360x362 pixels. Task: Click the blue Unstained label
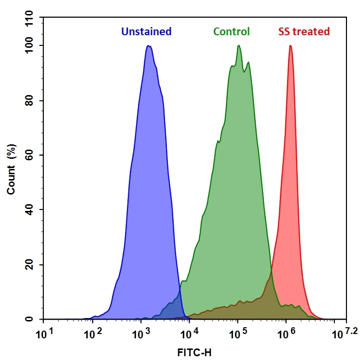pyautogui.click(x=146, y=32)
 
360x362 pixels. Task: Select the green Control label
pyautogui.click(x=232, y=32)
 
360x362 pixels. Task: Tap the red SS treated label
pyautogui.click(x=304, y=32)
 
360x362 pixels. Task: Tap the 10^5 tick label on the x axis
pyautogui.click(x=235, y=333)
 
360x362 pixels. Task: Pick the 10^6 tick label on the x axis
pyautogui.click(x=284, y=333)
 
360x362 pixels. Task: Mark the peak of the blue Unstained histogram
pyautogui.click(x=149, y=46)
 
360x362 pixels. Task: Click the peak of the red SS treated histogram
pyautogui.click(x=290, y=46)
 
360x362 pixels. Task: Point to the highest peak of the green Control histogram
pyautogui.click(x=239, y=46)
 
